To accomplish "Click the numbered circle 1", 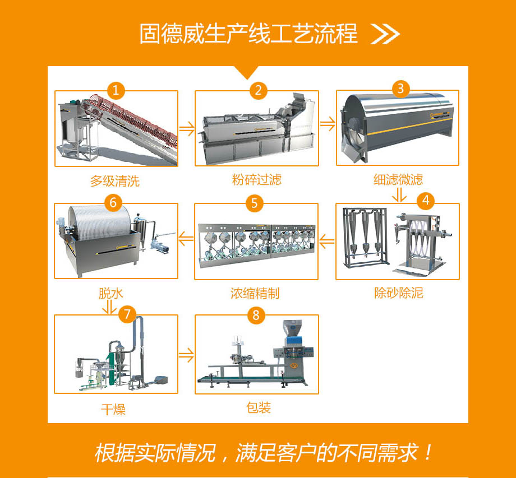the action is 116,90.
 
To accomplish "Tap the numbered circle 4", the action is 426,201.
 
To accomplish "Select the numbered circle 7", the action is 127,314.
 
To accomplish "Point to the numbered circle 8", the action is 256,315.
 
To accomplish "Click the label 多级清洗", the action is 115,181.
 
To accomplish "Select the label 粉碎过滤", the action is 257,179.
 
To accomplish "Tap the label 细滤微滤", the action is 398,179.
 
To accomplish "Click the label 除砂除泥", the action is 399,293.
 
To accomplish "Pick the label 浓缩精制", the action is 255,293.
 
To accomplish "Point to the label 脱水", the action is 111,293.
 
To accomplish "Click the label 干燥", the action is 113,410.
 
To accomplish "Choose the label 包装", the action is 259,407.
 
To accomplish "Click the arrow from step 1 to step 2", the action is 187,128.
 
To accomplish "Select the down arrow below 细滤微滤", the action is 399,194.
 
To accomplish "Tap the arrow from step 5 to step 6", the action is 186,239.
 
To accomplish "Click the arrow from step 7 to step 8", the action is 186,355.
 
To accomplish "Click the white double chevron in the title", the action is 385,34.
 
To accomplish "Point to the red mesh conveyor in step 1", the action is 132,119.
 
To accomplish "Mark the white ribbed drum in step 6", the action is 100,222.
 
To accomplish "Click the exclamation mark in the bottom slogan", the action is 428,453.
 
